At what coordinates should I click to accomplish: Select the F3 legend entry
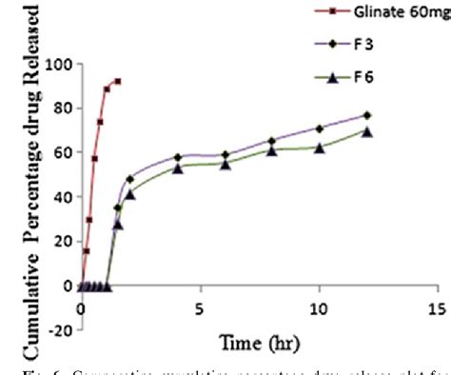(376, 43)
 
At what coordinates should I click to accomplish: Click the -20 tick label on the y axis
(59, 329)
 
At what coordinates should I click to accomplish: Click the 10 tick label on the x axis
(318, 308)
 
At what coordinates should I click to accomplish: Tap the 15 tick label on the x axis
(437, 308)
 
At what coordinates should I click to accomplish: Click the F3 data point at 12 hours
(366, 115)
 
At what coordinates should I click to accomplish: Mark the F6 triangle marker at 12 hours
(366, 131)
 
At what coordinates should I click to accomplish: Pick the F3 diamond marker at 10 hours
(319, 128)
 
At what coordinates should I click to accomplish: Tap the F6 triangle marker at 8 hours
(272, 150)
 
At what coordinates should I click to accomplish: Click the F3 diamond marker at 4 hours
(178, 157)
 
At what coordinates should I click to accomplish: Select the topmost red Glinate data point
(118, 81)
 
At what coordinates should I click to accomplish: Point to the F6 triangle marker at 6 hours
(225, 164)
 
